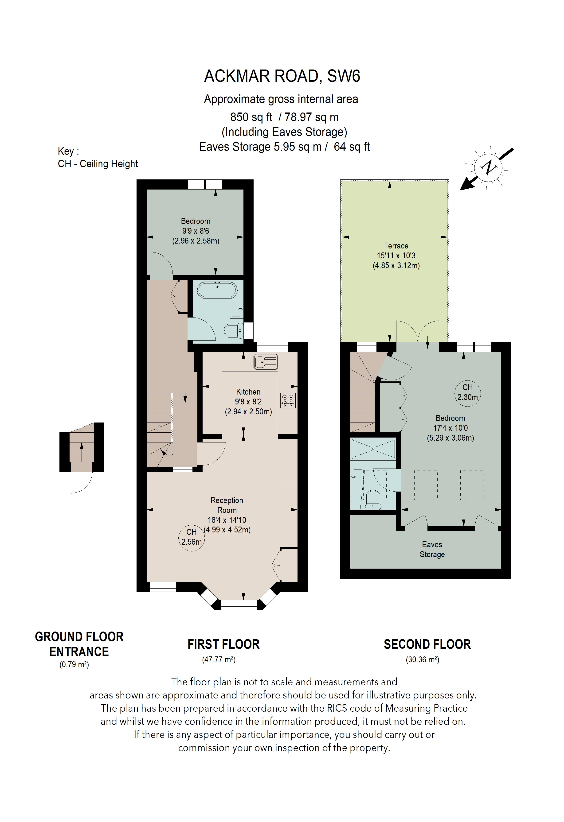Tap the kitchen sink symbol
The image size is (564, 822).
tap(266, 362)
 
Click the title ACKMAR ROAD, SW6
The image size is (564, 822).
tap(282, 76)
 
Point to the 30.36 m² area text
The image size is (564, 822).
tap(422, 659)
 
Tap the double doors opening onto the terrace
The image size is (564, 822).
tap(418, 331)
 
